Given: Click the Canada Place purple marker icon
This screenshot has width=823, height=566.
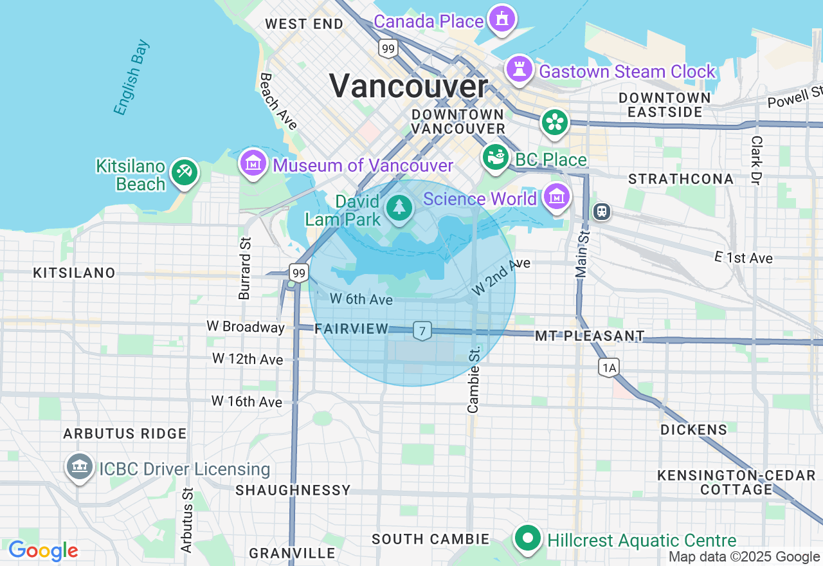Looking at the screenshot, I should (502, 19).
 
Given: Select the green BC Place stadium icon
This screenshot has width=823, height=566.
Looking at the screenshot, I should (496, 158).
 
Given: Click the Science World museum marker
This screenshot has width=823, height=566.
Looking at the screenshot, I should (556, 197).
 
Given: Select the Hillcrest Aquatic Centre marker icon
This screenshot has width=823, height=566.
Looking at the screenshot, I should (529, 538).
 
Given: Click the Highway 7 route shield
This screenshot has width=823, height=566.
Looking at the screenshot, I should (422, 331).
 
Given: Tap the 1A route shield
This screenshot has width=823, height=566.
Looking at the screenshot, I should (608, 367).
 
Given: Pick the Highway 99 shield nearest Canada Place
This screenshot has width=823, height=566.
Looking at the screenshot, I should (388, 48).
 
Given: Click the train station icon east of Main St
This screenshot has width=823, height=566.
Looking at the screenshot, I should (602, 211).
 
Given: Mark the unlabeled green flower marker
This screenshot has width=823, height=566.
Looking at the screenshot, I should (554, 122).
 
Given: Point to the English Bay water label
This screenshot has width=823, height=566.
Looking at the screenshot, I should (132, 78).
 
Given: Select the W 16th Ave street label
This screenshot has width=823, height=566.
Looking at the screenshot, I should (247, 401).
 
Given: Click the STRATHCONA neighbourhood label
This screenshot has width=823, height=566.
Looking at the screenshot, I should (681, 179).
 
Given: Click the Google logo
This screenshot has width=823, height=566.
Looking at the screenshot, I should (43, 551).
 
